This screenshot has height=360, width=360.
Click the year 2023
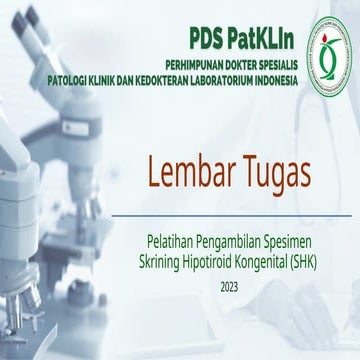pyautogui.click(x=230, y=287)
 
